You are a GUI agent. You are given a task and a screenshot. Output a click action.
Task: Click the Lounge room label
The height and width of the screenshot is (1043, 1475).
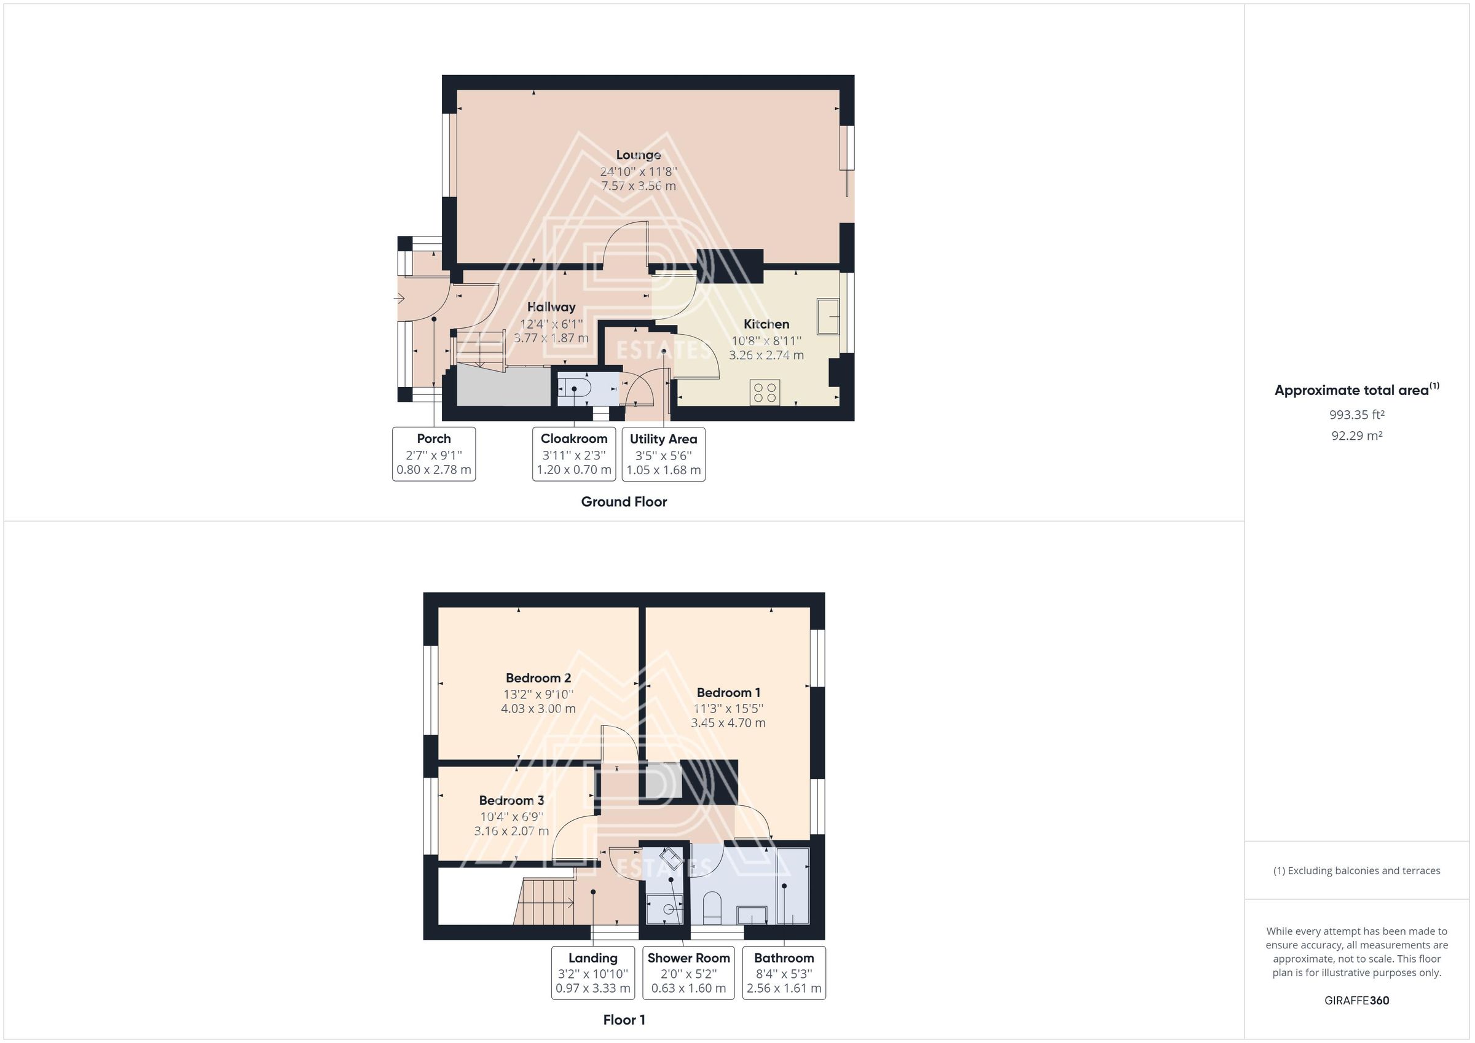pyautogui.click(x=638, y=155)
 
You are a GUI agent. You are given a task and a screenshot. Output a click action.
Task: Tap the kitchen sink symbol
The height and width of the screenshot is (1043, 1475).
pyautogui.click(x=827, y=316)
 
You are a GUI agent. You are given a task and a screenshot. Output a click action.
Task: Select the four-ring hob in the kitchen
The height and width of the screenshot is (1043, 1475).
pyautogui.click(x=765, y=393)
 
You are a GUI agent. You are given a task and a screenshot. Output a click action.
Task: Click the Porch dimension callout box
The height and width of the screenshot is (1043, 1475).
pyautogui.click(x=434, y=454)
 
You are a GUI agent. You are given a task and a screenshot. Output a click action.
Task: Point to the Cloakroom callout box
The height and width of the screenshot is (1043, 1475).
pyautogui.click(x=573, y=454)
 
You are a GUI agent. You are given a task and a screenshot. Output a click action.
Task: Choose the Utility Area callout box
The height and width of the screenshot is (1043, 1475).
pyautogui.click(x=663, y=454)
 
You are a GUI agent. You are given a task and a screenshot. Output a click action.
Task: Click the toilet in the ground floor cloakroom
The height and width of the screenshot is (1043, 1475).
pyautogui.click(x=579, y=389)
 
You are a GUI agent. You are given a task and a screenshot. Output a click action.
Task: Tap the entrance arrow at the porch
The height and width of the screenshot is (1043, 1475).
pyautogui.click(x=399, y=299)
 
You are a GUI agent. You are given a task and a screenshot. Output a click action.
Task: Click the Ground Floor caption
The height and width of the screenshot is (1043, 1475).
pyautogui.click(x=624, y=502)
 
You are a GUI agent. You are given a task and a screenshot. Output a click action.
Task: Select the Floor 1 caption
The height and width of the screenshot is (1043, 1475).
pyautogui.click(x=624, y=1020)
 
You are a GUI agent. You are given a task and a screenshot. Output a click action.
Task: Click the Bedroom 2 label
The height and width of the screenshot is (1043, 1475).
pyautogui.click(x=538, y=678)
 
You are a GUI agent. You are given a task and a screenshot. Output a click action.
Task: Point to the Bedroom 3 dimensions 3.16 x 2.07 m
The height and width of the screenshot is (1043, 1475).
pyautogui.click(x=511, y=831)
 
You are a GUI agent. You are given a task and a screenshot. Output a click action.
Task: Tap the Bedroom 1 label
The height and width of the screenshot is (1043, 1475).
pyautogui.click(x=728, y=692)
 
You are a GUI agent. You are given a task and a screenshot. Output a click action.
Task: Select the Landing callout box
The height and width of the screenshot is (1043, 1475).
pyautogui.click(x=592, y=973)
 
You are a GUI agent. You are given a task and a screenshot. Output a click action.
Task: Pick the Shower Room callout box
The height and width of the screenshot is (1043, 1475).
pyautogui.click(x=688, y=973)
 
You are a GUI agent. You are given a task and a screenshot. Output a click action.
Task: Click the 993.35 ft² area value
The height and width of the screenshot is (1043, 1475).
pyautogui.click(x=1356, y=415)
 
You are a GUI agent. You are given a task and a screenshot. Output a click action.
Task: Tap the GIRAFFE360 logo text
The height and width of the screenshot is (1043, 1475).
pyautogui.click(x=1356, y=1001)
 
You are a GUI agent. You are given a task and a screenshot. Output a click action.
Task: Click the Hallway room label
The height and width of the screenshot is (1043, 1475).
pyautogui.click(x=551, y=307)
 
